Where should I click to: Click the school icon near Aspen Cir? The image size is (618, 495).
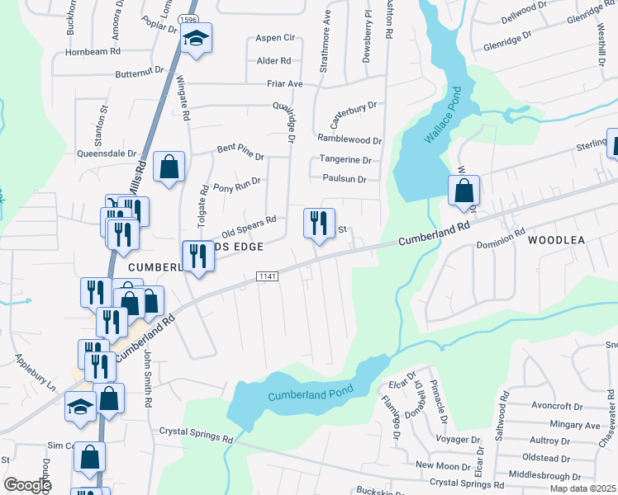(196, 38)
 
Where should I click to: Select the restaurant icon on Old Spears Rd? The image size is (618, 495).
(319, 222)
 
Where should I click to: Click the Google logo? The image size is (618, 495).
(27, 485)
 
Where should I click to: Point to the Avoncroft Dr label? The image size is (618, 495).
(558, 405)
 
